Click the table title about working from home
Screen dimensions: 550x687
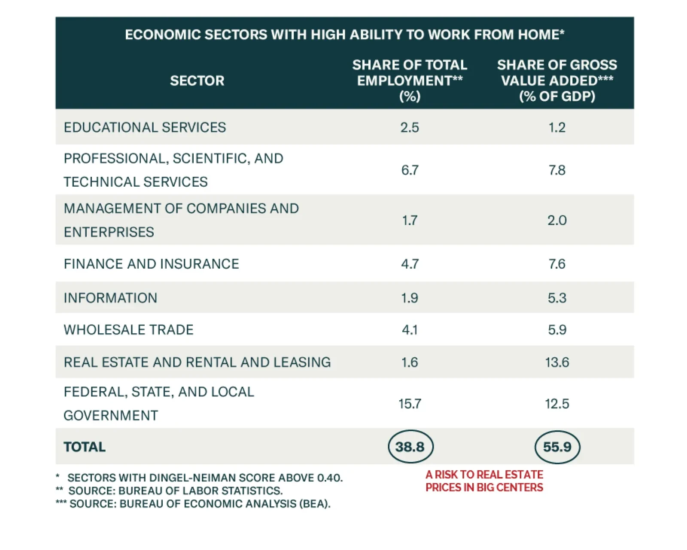pos(344,34)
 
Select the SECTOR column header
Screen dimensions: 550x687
pos(197,81)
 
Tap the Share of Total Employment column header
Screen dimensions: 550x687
pos(410,80)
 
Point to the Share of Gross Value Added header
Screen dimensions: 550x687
pos(557,80)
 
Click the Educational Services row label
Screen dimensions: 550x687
pos(145,127)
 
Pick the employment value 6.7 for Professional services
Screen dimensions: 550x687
pos(410,170)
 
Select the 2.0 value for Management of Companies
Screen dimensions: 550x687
pos(557,220)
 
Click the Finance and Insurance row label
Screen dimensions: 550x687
pos(151,263)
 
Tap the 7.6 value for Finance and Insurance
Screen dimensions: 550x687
pos(557,263)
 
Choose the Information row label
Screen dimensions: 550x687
pos(110,298)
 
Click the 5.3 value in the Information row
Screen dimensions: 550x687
pos(557,298)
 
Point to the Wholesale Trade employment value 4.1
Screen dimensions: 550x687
pos(410,329)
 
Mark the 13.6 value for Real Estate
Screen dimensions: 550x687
pos(557,362)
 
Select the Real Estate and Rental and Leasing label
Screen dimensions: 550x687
pos(197,362)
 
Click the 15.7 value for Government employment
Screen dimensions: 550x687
pos(410,404)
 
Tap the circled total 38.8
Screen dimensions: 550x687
pos(410,447)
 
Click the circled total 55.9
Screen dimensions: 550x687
pos(557,447)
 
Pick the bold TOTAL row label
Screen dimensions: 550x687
pos(85,447)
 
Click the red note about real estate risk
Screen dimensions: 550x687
pos(484,481)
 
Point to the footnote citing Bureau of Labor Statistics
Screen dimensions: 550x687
pos(175,490)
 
